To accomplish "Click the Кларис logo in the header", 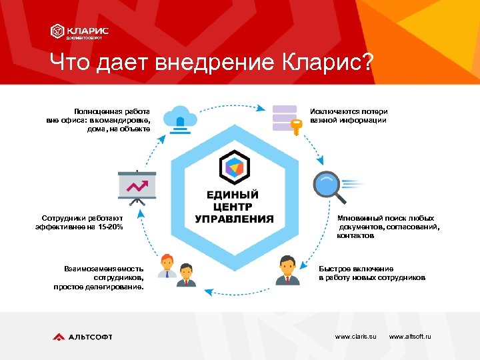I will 80,32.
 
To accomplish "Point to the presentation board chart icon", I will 137,187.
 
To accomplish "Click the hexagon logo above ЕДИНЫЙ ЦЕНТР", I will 234,167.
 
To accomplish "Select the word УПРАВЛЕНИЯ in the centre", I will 234,219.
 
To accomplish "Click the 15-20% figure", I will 109,227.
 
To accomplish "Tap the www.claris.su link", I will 355,337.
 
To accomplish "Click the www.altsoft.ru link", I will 410,337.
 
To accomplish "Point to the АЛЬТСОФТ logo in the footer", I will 83,337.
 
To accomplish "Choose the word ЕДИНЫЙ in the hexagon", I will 233,195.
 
